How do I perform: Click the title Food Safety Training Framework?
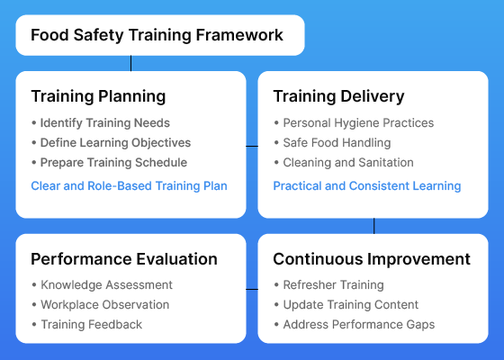[157, 35]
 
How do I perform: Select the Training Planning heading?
[98, 96]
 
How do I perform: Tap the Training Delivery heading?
[338, 96]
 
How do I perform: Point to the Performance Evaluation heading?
[124, 259]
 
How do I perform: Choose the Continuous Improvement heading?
[372, 259]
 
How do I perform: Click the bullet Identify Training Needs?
[101, 123]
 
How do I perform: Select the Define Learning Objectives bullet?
[112, 143]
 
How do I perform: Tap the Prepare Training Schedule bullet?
[109, 163]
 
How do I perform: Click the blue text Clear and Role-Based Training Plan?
[130, 186]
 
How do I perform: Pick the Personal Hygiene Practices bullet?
[354, 123]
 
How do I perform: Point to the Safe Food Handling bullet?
[332, 143]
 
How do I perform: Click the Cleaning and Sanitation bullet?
[344, 163]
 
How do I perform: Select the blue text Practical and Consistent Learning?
[367, 186]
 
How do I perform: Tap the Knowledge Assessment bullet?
[103, 285]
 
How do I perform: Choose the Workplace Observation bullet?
[101, 305]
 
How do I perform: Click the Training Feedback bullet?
[86, 325]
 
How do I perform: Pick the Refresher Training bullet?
[328, 285]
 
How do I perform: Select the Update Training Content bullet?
[346, 305]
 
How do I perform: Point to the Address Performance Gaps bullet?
[355, 325]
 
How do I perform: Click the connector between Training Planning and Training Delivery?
[252, 146]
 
